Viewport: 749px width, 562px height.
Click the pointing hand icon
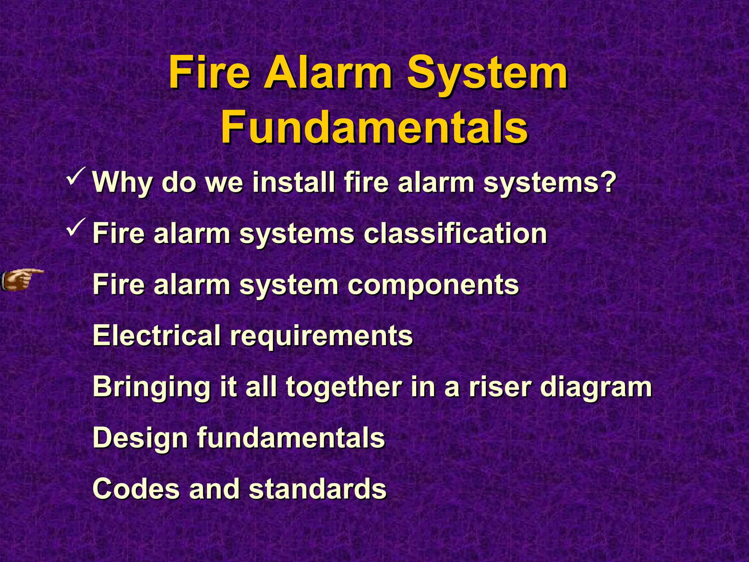22,280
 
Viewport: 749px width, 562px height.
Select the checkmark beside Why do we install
76,176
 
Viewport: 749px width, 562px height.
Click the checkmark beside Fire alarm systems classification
76,227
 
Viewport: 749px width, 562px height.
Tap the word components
433,285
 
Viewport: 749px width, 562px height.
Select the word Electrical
157,335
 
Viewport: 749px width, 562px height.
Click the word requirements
321,336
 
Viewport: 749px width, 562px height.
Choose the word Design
140,438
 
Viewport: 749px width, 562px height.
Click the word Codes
136,489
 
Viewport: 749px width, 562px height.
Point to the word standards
317,489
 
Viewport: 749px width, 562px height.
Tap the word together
344,387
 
